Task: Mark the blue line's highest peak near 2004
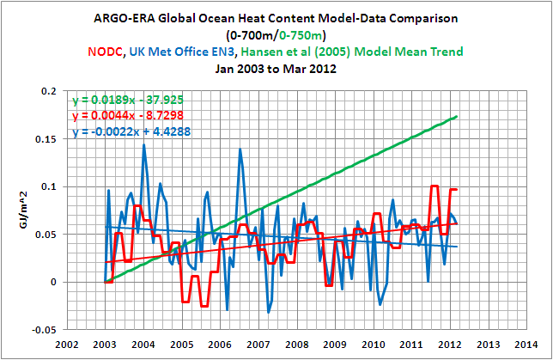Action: click(x=143, y=145)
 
